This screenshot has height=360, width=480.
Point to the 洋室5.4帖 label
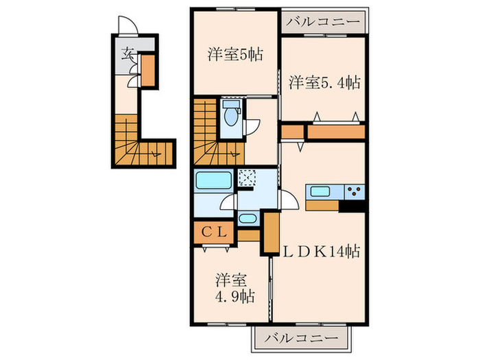click(324, 82)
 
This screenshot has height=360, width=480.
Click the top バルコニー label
click(322, 22)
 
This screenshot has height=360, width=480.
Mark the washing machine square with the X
click(247, 180)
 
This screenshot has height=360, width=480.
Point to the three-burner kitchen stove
click(355, 191)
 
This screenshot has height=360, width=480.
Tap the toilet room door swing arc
click(253, 128)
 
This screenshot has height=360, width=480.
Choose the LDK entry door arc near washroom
click(289, 200)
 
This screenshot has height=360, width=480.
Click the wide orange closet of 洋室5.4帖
click(335, 132)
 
